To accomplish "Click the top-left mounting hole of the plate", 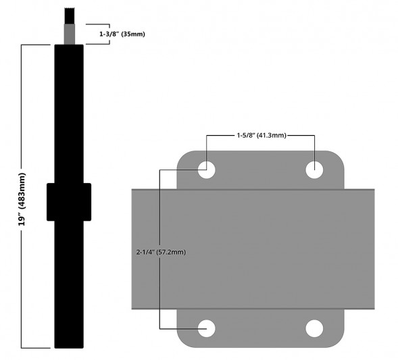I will [206, 170].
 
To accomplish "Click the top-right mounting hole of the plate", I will [314, 170].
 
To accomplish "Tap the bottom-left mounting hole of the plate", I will [206, 328].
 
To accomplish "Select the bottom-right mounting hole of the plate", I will [314, 328].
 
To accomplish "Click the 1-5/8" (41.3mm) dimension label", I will [260, 135].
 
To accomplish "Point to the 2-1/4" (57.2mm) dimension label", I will [160, 252].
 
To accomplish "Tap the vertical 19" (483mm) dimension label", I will [23, 196].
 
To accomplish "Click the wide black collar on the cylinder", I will [69, 201].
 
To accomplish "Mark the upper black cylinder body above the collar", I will [69, 115].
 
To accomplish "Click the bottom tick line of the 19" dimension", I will [37, 348].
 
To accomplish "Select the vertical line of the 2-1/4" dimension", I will [159, 284].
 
